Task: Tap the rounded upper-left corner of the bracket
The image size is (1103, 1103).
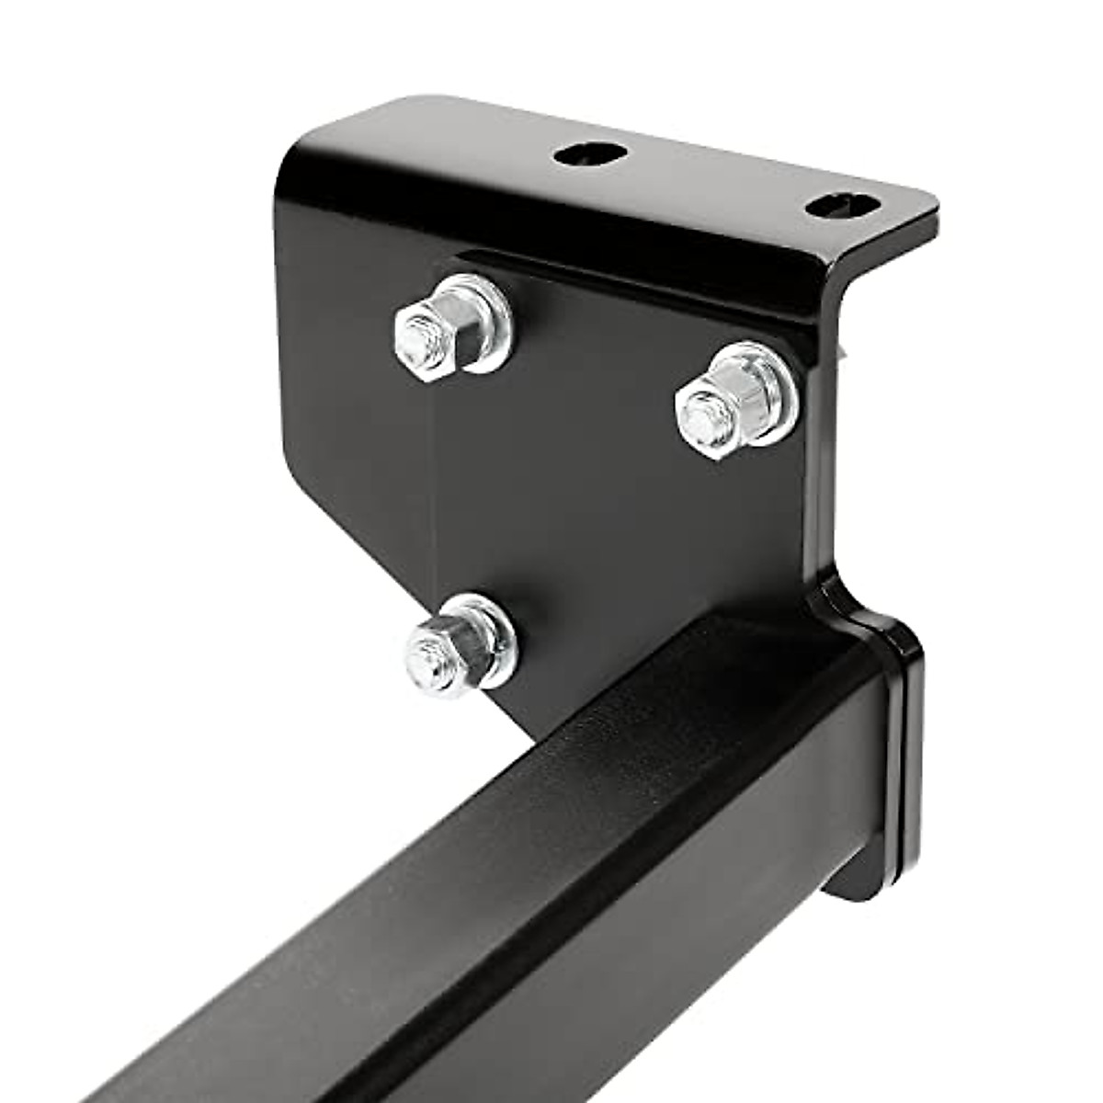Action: (x=303, y=147)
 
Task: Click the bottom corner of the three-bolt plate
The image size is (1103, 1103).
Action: (x=533, y=726)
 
